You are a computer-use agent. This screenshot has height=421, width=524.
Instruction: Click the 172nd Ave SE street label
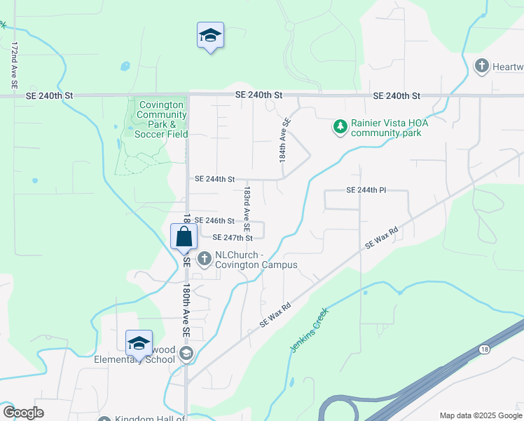click(x=14, y=65)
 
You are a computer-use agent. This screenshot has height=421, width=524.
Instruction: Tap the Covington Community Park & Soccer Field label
click(x=161, y=119)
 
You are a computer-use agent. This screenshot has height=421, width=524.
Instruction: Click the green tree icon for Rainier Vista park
click(x=340, y=127)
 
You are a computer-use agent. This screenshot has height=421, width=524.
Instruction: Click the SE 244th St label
click(x=214, y=179)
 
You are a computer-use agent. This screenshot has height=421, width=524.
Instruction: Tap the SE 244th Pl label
click(x=366, y=190)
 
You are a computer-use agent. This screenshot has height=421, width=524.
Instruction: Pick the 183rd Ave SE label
click(x=247, y=209)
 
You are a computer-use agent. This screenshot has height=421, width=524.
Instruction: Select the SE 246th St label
click(x=214, y=220)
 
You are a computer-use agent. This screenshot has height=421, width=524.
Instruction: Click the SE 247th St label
click(x=232, y=238)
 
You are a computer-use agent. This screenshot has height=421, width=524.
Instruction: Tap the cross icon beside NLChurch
click(x=205, y=260)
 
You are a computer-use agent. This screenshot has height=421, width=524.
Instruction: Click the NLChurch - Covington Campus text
click(x=256, y=260)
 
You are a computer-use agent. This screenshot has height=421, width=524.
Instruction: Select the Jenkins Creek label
click(x=309, y=330)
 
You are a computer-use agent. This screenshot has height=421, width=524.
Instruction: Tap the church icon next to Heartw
click(x=481, y=67)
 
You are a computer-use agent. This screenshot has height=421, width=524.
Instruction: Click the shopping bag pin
click(x=184, y=236)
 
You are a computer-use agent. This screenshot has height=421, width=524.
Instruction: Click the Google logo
click(x=24, y=413)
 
